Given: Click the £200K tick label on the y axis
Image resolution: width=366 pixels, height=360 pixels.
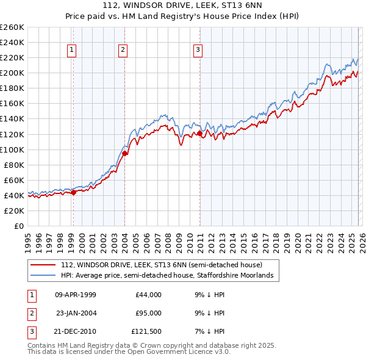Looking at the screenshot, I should pos(12,73).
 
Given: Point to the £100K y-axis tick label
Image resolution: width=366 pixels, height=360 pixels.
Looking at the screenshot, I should pos(12,149).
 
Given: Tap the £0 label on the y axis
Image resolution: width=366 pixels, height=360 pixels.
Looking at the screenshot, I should pos(18,226).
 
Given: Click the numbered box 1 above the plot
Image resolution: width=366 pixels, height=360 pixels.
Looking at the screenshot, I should pos(72,50).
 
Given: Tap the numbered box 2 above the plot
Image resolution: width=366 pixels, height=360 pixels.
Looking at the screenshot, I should pos(123,50).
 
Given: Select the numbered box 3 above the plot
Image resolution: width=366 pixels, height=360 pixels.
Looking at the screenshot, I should pos(198,50).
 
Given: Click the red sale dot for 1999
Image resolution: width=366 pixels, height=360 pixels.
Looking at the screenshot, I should pos(73,192).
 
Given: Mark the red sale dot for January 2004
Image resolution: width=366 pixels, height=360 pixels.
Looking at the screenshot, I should pos(124,154).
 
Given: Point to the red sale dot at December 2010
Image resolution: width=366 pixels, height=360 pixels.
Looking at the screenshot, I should pos(199,133).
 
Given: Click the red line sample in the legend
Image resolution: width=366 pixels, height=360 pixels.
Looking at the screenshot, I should pos(43,265).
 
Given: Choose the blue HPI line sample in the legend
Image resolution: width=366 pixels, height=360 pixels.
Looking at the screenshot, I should pos(43,276).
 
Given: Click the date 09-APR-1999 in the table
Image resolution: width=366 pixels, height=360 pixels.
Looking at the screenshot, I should pos(76,295).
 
